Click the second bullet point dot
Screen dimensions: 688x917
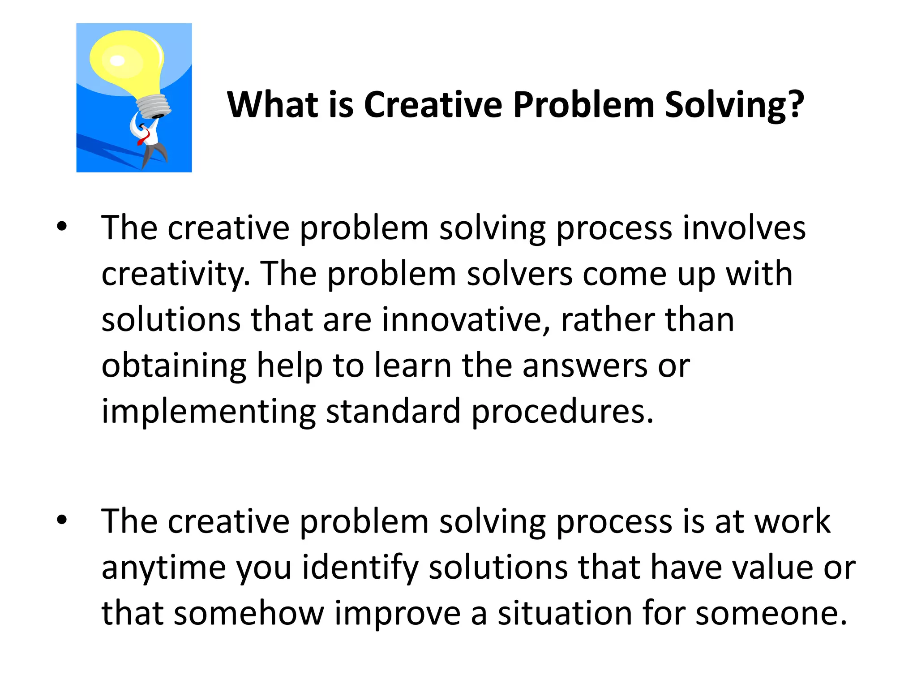pyautogui.click(x=62, y=520)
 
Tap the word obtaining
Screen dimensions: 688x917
pyautogui.click(x=174, y=366)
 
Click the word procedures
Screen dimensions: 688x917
pyautogui.click(x=562, y=412)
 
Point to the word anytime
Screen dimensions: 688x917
pyautogui.click(x=163, y=568)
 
